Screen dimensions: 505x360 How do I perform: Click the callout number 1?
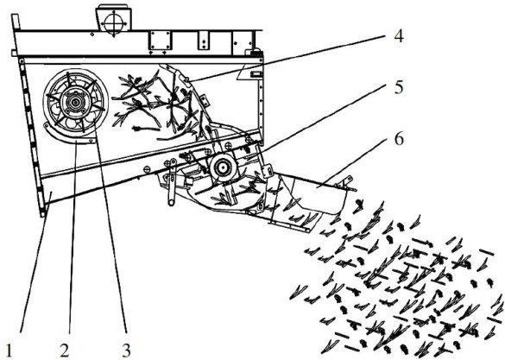[9, 351]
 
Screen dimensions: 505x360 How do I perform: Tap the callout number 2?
[65, 351]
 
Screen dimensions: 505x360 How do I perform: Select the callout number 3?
[126, 351]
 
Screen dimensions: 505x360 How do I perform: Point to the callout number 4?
[399, 35]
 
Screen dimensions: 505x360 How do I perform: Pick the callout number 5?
[399, 87]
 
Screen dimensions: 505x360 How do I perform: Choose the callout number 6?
[399, 139]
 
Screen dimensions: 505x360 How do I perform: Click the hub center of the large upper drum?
[75, 103]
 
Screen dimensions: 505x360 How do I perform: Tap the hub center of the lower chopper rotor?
[222, 167]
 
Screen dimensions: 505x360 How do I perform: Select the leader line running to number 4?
[288, 58]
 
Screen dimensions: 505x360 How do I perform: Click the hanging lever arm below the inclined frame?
[171, 182]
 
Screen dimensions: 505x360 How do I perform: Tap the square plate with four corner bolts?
[160, 41]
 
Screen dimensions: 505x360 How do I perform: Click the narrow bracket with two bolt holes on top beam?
[203, 41]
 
